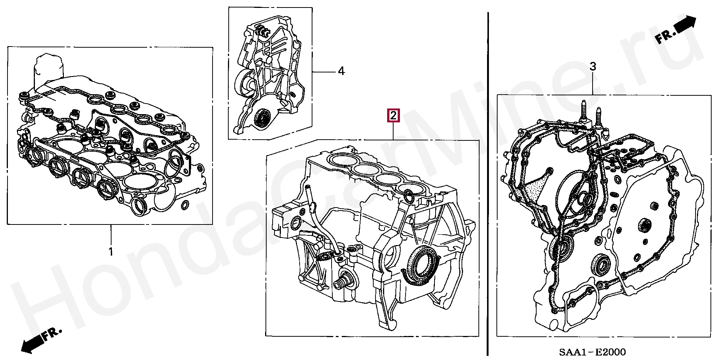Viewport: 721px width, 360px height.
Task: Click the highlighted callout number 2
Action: pyautogui.click(x=393, y=116)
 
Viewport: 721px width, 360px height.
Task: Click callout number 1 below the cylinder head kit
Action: pyautogui.click(x=111, y=251)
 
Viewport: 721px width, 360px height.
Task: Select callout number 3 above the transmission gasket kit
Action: pyautogui.click(x=593, y=67)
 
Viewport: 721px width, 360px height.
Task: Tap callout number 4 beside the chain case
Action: pyautogui.click(x=341, y=71)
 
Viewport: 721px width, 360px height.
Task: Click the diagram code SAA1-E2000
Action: pyautogui.click(x=592, y=352)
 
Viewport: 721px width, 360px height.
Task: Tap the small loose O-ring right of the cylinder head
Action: pyautogui.click(x=185, y=205)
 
